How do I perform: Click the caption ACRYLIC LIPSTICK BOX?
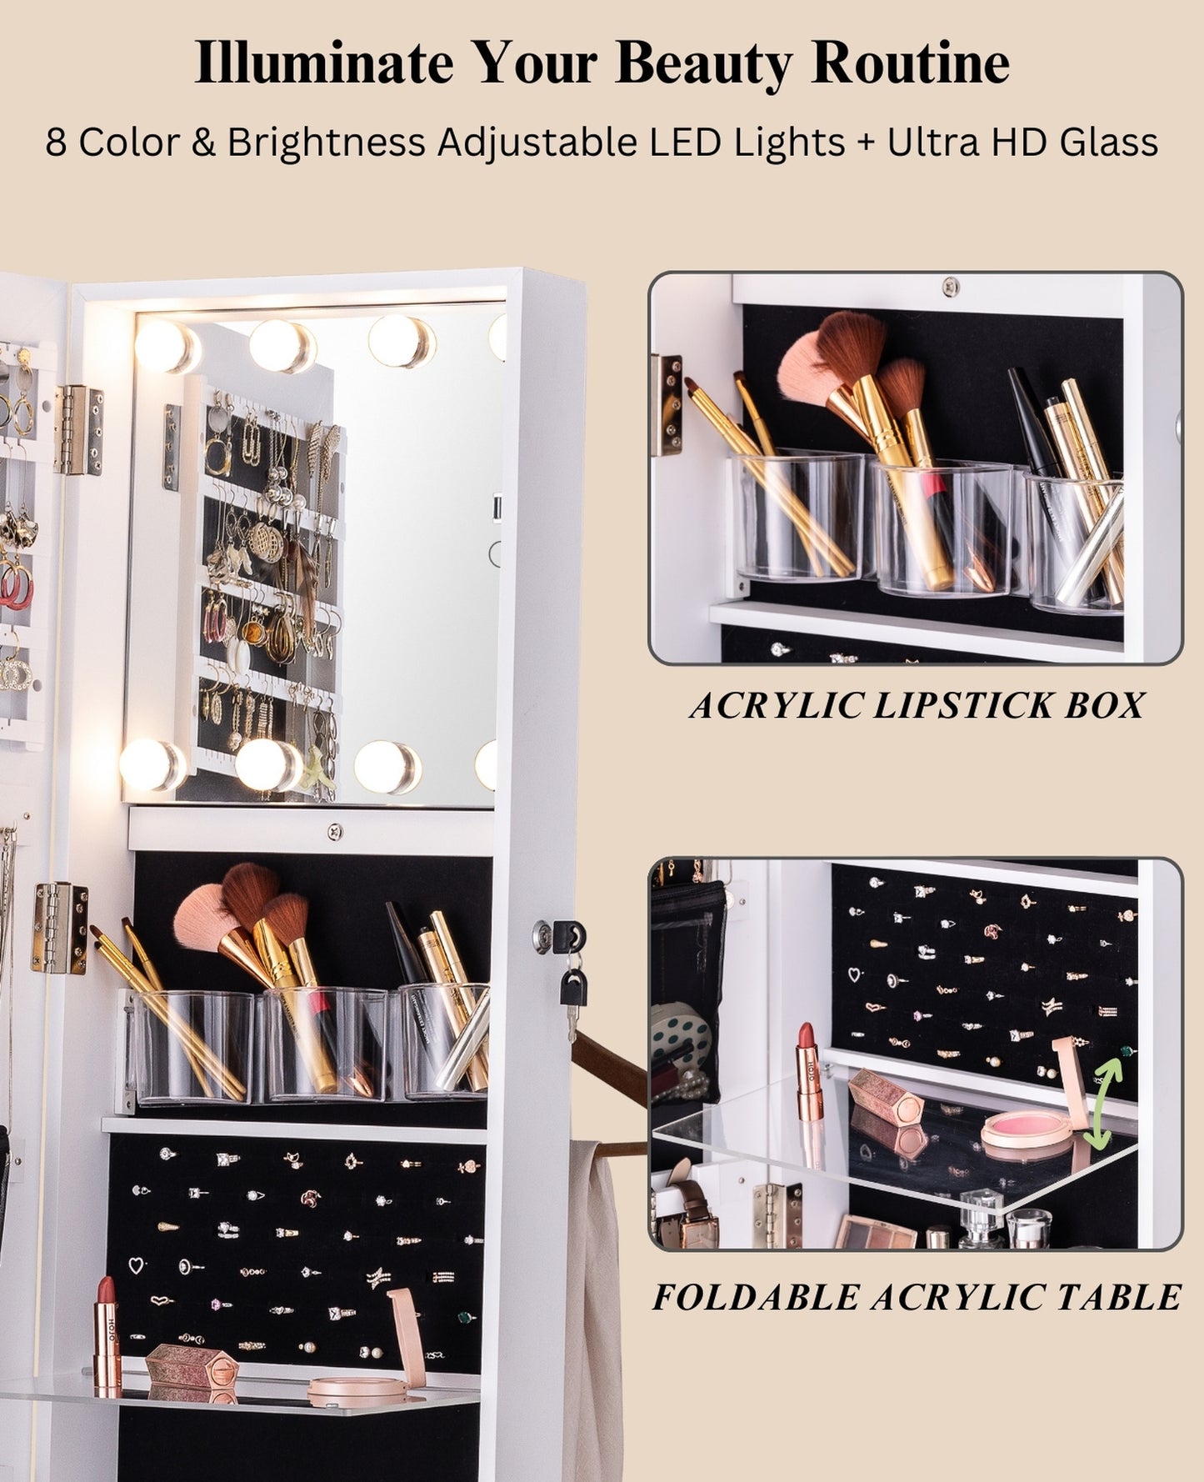point(916,706)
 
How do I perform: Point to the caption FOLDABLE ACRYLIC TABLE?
point(916,1298)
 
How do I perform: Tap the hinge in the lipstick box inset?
point(667,406)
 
